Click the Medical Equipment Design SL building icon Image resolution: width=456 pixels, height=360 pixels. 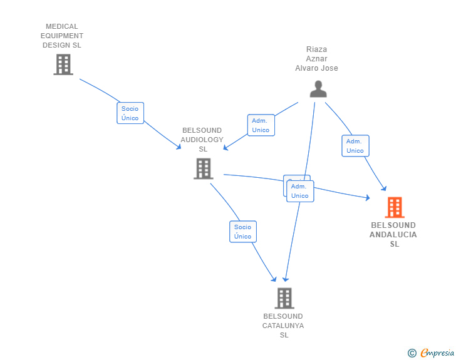63,64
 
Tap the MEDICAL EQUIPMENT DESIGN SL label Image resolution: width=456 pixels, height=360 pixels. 62,36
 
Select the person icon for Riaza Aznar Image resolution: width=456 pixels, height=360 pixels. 318,89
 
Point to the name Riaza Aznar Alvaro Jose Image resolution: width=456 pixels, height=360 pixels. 316,59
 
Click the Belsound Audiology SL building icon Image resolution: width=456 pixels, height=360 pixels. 203,168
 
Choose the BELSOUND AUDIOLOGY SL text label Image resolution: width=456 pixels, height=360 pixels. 202,140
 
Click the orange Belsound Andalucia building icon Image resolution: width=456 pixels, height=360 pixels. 394,207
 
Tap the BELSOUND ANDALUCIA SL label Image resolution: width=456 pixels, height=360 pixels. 393,234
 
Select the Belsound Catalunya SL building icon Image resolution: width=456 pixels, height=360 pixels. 284,298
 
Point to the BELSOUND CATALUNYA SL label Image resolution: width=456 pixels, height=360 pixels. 283,326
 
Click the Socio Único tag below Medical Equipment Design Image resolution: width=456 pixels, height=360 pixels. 130,113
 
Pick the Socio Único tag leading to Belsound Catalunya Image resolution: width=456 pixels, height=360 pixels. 243,232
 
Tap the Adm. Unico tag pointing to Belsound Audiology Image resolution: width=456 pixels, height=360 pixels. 261,125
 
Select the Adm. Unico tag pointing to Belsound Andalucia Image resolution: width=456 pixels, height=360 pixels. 355,146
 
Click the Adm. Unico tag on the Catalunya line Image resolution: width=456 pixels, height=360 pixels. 300,191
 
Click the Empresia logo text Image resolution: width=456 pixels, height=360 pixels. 438,353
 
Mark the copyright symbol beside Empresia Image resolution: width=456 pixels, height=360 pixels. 412,353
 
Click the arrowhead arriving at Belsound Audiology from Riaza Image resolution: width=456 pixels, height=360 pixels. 226,148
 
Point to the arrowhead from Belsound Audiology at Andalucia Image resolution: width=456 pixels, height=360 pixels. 368,198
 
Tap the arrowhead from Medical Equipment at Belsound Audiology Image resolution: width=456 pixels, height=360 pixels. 179,147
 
